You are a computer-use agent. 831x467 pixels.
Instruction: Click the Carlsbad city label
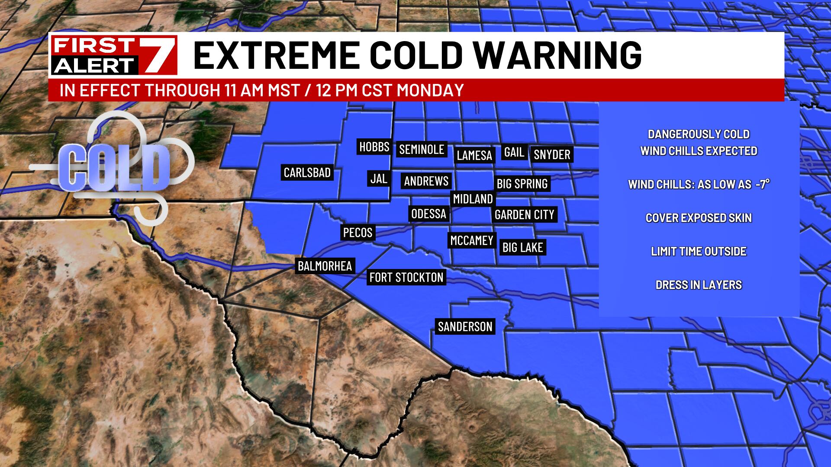click(307, 173)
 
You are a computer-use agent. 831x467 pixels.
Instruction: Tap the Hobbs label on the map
click(374, 147)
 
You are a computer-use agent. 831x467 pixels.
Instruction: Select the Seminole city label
click(422, 150)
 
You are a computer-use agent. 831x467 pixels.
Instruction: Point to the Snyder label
click(552, 154)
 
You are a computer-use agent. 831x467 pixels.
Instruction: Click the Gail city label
click(514, 152)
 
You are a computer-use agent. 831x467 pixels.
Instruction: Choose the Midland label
click(473, 199)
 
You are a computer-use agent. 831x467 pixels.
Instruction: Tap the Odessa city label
click(428, 214)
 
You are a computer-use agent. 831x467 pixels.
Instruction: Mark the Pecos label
click(358, 233)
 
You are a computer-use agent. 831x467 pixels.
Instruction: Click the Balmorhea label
click(325, 266)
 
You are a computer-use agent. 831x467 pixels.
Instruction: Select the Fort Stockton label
click(406, 277)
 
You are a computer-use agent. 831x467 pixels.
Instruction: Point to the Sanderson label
click(465, 326)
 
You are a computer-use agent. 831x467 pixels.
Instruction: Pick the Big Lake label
click(522, 247)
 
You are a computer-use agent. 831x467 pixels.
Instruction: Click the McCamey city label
click(471, 240)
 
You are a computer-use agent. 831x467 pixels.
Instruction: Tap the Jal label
click(379, 179)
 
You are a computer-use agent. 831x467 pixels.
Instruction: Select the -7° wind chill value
click(762, 184)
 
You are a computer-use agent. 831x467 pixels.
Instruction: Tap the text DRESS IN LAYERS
click(699, 285)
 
